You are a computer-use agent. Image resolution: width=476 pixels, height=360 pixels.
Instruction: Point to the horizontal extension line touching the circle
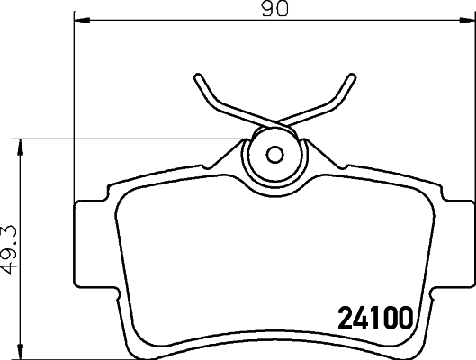[135, 138]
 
